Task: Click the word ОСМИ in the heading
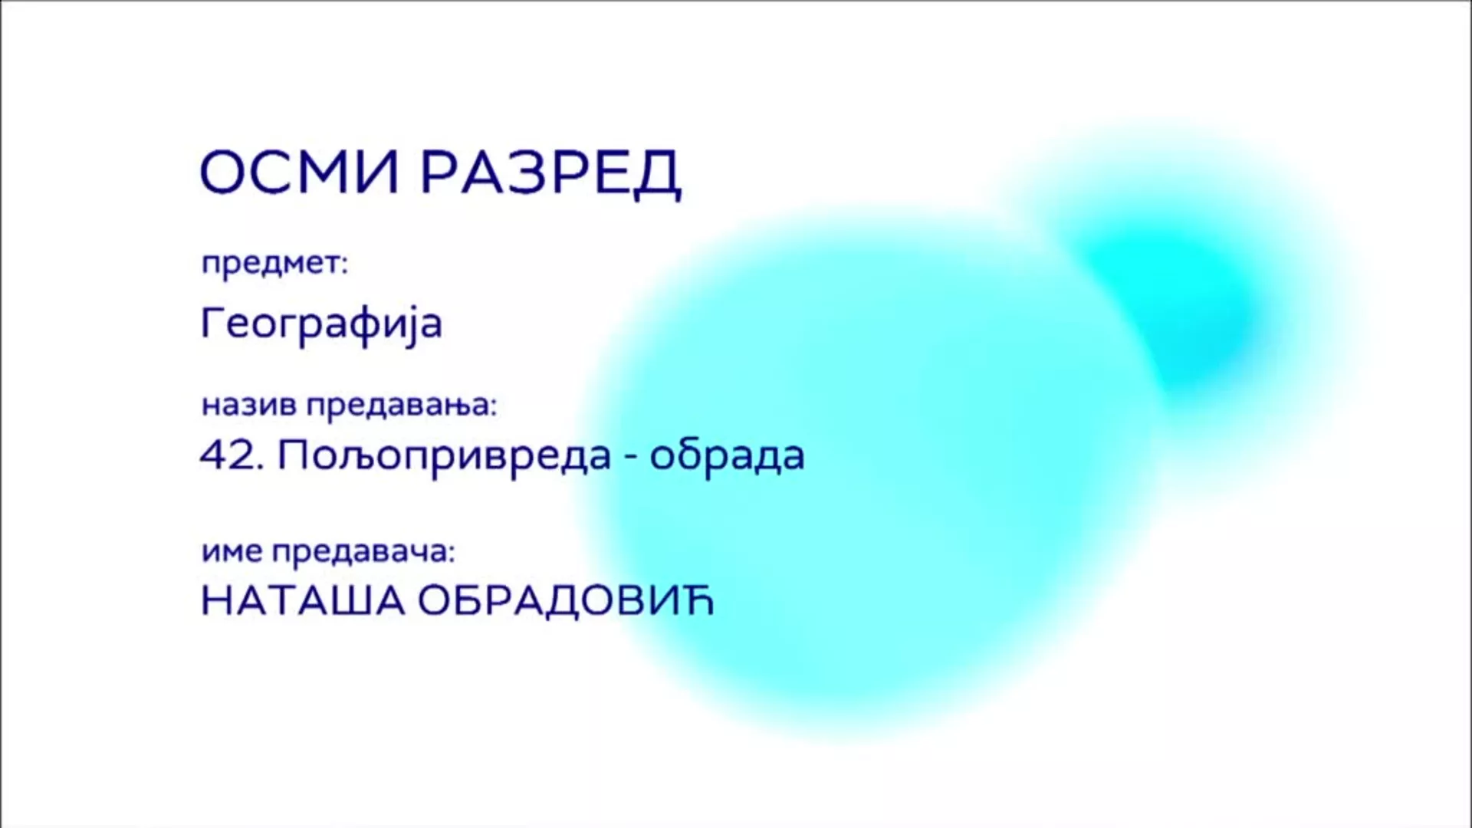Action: point(299,172)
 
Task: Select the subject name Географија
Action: point(321,324)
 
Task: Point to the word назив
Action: point(248,404)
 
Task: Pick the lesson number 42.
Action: point(230,455)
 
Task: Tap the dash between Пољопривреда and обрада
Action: point(630,459)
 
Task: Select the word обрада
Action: point(727,457)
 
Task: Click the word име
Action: point(232,552)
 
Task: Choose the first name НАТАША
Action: point(302,602)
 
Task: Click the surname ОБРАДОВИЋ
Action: point(566,601)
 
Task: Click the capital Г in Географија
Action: point(212,323)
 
